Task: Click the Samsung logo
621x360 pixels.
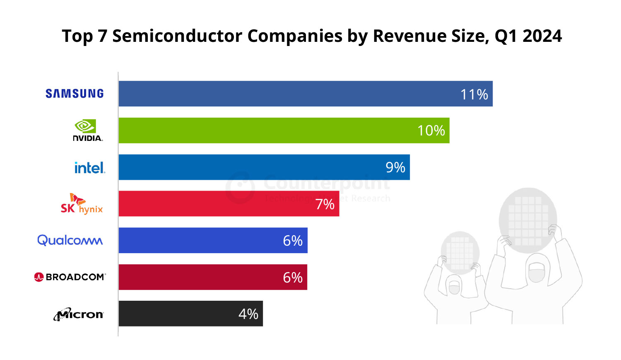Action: click(75, 94)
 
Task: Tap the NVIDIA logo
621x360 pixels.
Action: click(87, 130)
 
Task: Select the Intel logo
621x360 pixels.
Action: click(89, 168)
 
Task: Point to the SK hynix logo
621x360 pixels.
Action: click(82, 204)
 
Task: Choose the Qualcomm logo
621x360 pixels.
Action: click(70, 240)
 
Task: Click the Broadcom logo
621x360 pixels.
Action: click(70, 277)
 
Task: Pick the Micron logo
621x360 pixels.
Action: click(78, 314)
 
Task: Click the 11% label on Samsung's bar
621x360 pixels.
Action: click(474, 94)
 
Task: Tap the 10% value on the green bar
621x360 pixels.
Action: click(431, 130)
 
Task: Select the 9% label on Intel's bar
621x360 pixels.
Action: click(395, 167)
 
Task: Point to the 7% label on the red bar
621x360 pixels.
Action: click(325, 204)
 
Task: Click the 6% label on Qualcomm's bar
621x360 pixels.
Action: click(292, 241)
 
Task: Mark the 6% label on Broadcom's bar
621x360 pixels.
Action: click(292, 278)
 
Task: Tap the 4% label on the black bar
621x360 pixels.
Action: click(248, 314)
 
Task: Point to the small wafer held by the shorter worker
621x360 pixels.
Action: click(460, 252)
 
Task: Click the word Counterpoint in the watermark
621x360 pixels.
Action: click(327, 182)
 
